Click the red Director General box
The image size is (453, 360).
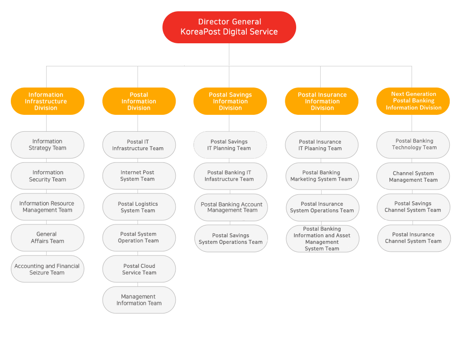(x=229, y=27)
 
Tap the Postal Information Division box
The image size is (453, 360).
(x=139, y=101)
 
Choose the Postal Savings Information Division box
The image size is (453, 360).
(x=230, y=101)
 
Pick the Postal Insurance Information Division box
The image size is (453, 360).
(x=322, y=101)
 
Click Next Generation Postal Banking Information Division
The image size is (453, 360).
(x=413, y=101)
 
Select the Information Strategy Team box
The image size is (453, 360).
(x=48, y=145)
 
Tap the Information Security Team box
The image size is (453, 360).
(x=48, y=176)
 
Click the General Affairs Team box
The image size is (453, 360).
(x=48, y=238)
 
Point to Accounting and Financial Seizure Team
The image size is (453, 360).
(x=48, y=269)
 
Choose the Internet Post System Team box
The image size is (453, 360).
(x=139, y=176)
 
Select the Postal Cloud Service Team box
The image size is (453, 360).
(x=139, y=269)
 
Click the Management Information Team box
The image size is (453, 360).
(x=139, y=300)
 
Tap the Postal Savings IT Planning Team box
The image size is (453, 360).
(x=230, y=145)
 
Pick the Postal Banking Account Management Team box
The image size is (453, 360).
(x=231, y=207)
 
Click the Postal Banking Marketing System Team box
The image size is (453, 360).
(x=322, y=176)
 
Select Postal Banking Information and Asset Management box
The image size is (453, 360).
(x=323, y=239)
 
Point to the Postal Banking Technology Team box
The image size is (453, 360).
(x=413, y=145)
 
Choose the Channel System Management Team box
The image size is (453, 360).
(x=413, y=176)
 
